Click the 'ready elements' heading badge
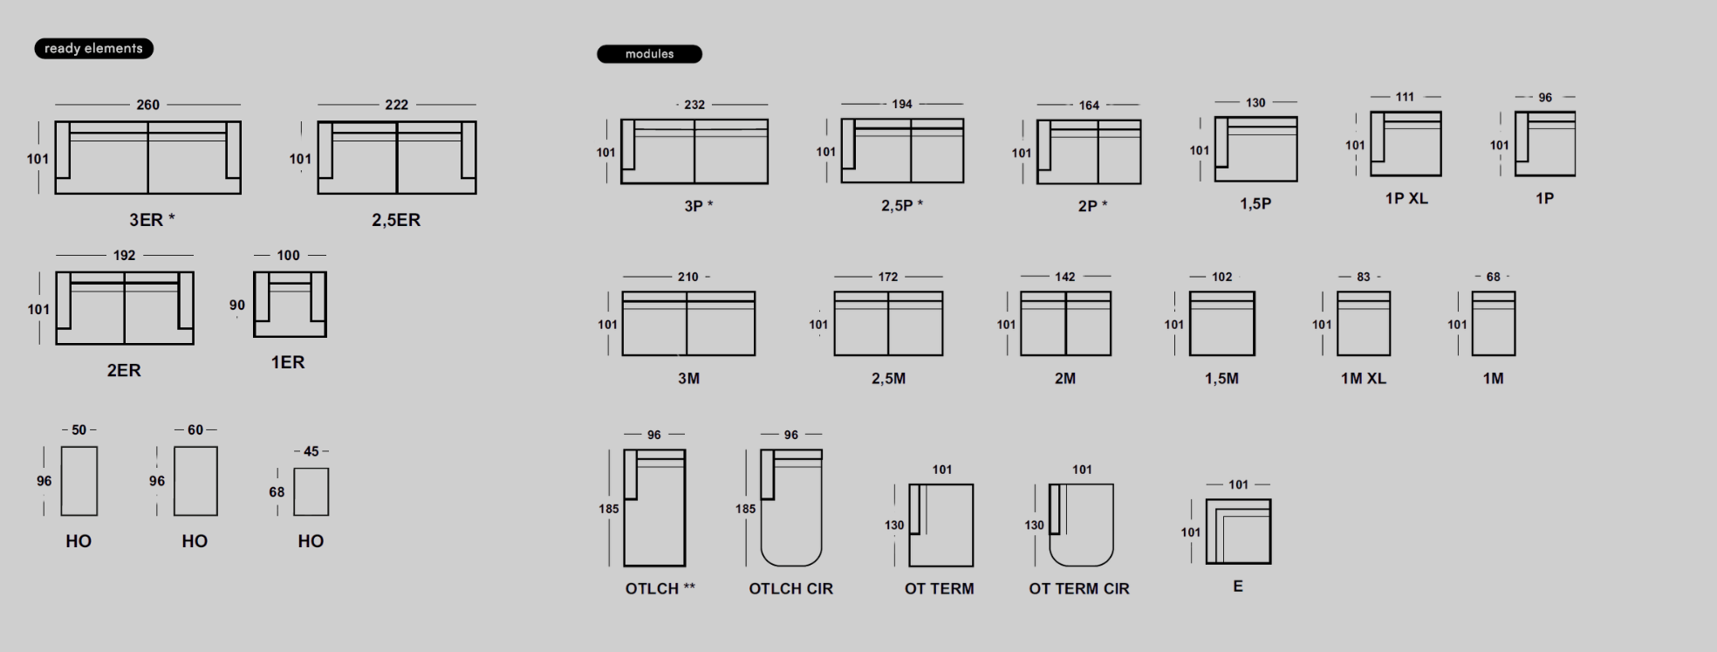pyautogui.click(x=93, y=49)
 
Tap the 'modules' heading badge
pyautogui.click(x=649, y=54)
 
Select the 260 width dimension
pyautogui.click(x=147, y=105)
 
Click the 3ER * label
pyautogui.click(x=152, y=220)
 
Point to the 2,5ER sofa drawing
pyautogui.click(x=397, y=158)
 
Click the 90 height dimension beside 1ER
pyautogui.click(x=237, y=305)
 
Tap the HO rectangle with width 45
pyautogui.click(x=311, y=492)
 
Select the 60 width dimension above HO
pyautogui.click(x=195, y=430)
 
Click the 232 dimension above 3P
pyautogui.click(x=694, y=105)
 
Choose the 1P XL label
pyautogui.click(x=1406, y=199)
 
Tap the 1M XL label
pyautogui.click(x=1364, y=379)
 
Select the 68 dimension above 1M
pyautogui.click(x=1494, y=278)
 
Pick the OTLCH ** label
pyautogui.click(x=660, y=589)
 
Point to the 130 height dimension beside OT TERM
pyautogui.click(x=894, y=525)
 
